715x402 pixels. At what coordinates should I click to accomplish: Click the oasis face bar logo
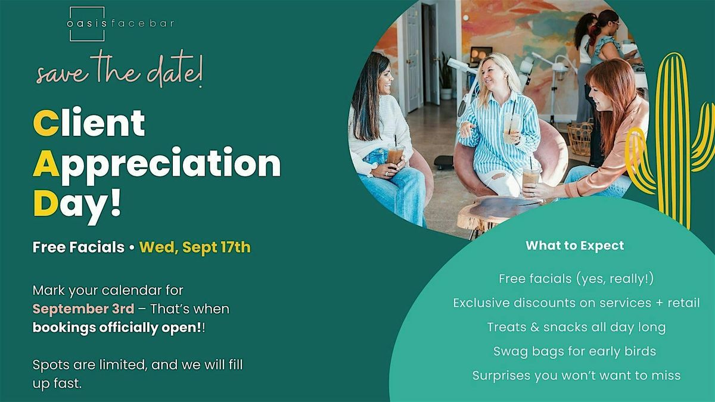pyautogui.click(x=120, y=24)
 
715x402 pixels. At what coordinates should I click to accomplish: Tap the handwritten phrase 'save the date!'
pyautogui.click(x=120, y=69)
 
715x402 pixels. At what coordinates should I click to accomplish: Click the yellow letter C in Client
pyautogui.click(x=46, y=123)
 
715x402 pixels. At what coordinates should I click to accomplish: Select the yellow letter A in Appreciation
pyautogui.click(x=46, y=163)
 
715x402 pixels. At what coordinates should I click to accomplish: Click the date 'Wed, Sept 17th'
pyautogui.click(x=195, y=247)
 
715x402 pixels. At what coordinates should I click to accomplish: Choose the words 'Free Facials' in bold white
pyautogui.click(x=79, y=247)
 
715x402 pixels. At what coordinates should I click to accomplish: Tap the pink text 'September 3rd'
pyautogui.click(x=83, y=309)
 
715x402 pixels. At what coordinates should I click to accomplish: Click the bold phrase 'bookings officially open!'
pyautogui.click(x=117, y=328)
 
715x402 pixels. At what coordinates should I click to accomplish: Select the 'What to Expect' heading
pyautogui.click(x=575, y=245)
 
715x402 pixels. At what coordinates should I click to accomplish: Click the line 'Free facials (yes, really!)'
pyautogui.click(x=576, y=279)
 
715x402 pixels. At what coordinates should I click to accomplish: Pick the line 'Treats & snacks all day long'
pyautogui.click(x=577, y=328)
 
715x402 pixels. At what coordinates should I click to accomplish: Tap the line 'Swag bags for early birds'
pyautogui.click(x=574, y=351)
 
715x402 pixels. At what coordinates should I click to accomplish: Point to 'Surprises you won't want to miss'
pyautogui.click(x=577, y=376)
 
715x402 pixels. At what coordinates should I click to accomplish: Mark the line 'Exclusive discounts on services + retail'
pyautogui.click(x=577, y=303)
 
